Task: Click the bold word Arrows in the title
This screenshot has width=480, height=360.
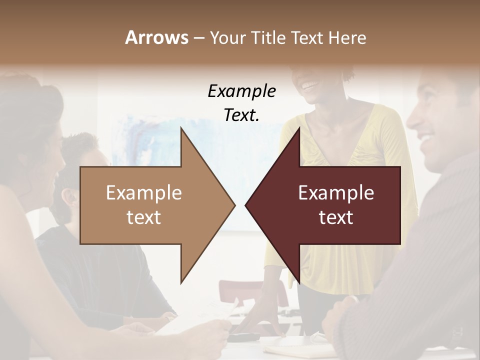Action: (156, 37)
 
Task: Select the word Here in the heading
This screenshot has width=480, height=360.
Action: (347, 37)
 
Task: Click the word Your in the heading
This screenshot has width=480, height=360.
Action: (228, 38)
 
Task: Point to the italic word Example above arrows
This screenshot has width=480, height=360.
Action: (242, 91)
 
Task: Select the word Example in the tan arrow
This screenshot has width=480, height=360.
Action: (144, 193)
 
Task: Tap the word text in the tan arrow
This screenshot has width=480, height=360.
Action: (144, 217)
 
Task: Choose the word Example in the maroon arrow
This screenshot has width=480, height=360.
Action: (336, 193)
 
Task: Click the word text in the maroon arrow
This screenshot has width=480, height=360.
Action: (336, 217)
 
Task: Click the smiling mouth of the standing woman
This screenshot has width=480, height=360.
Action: (310, 84)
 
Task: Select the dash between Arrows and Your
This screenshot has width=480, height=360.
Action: (198, 38)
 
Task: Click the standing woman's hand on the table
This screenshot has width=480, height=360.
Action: (267, 325)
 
